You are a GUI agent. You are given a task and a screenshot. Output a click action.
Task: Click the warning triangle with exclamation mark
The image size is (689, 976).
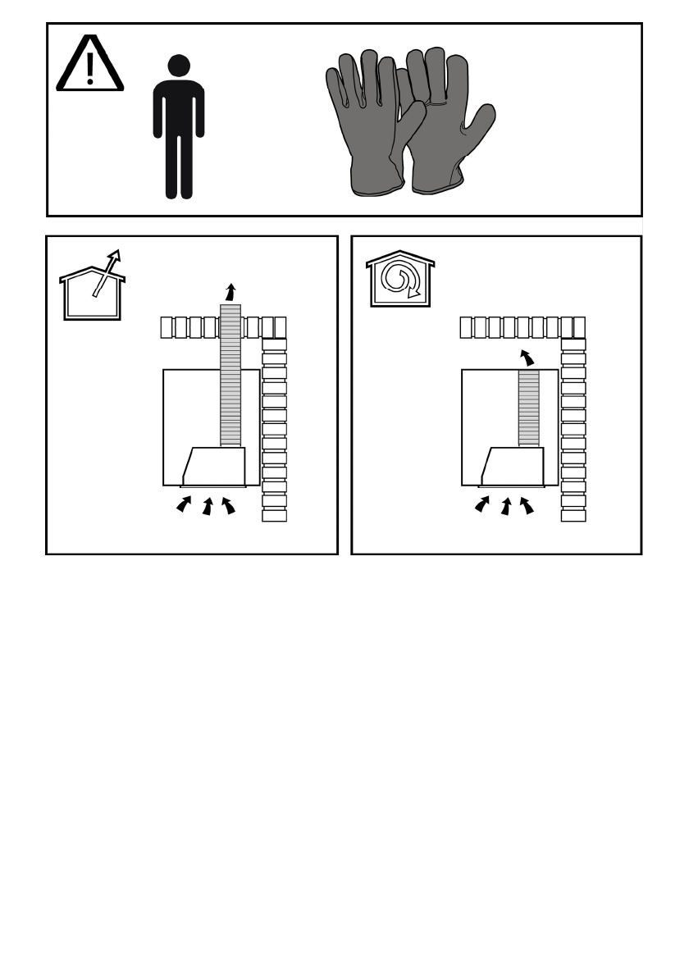[x=89, y=65]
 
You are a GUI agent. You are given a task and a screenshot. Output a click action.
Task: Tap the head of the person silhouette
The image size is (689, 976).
[x=178, y=66]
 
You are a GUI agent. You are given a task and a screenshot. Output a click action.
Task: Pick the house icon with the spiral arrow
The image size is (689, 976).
[x=400, y=280]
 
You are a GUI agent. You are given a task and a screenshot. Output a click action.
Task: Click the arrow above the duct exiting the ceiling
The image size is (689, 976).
[x=231, y=291]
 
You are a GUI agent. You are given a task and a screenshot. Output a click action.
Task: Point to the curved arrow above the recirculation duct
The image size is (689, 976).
[x=527, y=358]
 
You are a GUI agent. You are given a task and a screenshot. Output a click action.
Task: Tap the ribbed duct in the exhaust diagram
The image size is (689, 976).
[x=230, y=377]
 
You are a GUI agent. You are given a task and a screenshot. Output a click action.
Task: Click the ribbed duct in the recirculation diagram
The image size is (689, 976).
[x=529, y=408]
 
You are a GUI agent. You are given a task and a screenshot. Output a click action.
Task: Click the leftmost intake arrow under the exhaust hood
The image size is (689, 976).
[x=184, y=505]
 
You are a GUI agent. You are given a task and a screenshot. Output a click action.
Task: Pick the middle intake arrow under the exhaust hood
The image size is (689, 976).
[x=208, y=507]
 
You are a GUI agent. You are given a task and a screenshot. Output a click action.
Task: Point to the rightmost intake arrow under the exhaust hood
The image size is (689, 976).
[x=229, y=505]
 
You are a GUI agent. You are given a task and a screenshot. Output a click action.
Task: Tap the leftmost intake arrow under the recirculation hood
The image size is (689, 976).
[x=482, y=505]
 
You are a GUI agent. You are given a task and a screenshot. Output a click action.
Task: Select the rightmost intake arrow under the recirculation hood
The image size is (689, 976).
[x=527, y=505]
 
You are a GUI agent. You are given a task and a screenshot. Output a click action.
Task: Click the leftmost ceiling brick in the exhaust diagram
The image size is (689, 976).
[x=167, y=327]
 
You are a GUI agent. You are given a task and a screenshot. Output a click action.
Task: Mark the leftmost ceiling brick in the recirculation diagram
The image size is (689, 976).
[x=466, y=327]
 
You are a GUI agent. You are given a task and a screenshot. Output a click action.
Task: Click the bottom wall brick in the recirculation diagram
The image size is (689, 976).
[x=573, y=515]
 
